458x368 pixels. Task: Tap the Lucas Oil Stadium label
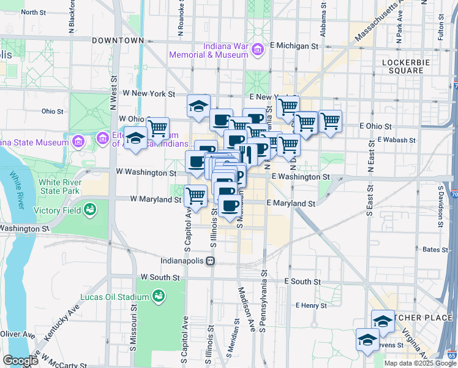pos(115,297)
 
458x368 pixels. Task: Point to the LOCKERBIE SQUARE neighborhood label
pos(402,66)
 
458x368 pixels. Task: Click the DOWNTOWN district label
pos(118,40)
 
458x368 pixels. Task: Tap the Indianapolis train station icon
pos(210,261)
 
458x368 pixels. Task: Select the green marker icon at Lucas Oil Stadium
pos(159,297)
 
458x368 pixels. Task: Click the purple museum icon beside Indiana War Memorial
pos(258,48)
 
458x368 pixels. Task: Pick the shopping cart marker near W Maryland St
pos(195,196)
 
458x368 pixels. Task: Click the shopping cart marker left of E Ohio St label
pos(331,121)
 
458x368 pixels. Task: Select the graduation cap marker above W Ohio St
pos(198,106)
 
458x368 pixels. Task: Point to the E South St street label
pos(302,281)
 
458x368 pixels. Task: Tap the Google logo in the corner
pos(20,361)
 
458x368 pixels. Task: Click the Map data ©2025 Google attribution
pos(419,363)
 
